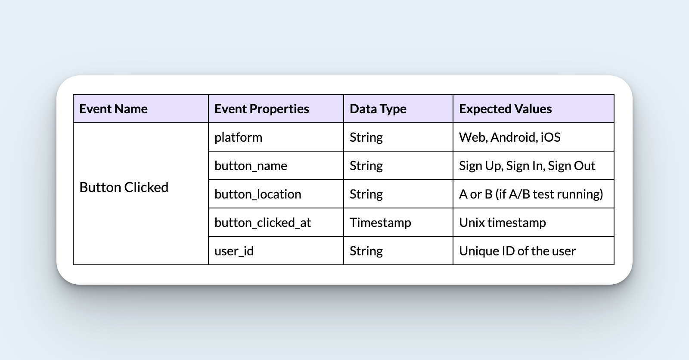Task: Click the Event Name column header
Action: coord(114,109)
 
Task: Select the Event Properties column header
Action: coord(262,109)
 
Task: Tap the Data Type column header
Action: coord(378,109)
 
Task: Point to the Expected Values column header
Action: coord(505,109)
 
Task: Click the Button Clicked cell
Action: coord(124,187)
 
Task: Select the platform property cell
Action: coord(238,137)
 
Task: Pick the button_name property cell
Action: coord(251,166)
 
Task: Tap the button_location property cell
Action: coord(258,194)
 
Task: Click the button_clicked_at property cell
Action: coord(263,223)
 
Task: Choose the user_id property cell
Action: coord(234,251)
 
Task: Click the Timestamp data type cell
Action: coord(380,223)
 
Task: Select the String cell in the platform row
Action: coord(366,137)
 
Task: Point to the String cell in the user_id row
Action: coord(366,251)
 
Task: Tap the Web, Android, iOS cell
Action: coord(509,137)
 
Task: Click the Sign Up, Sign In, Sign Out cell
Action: coord(527,166)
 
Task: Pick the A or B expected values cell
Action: coord(531,194)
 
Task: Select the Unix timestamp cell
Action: coord(503,223)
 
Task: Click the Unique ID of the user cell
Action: coord(517,251)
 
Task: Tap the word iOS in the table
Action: coord(551,137)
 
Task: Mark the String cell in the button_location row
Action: coord(366,194)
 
